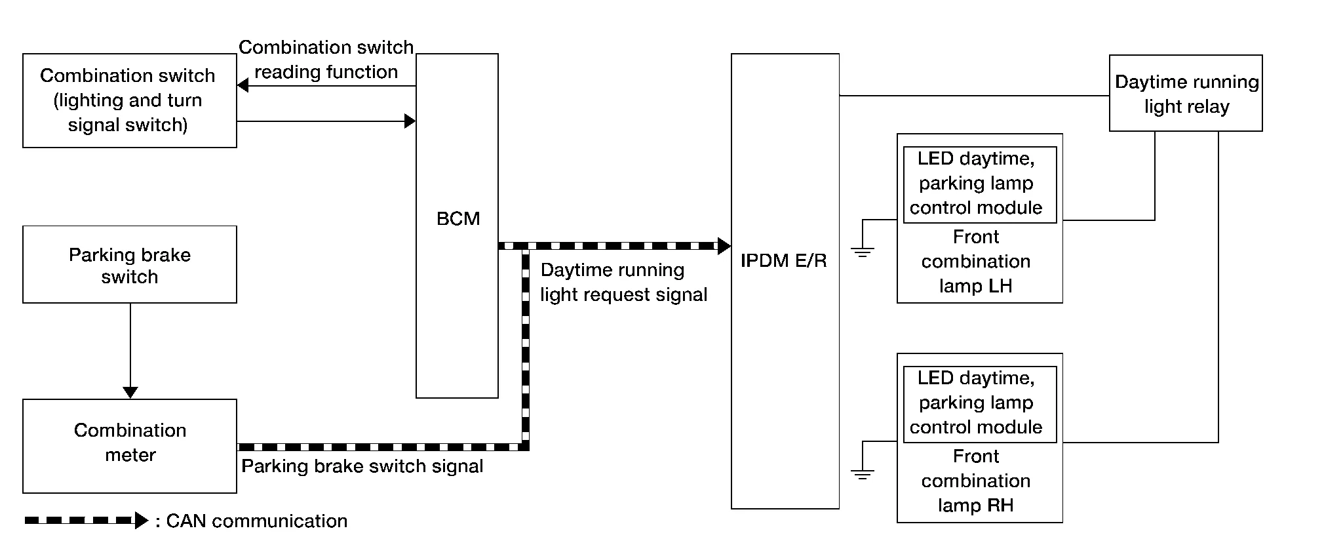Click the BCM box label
pos(458,218)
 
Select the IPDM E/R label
pos(783,260)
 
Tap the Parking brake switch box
pos(130,265)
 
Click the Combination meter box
pos(130,446)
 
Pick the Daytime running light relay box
pos(1185,93)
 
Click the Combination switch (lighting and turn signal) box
pos(130,100)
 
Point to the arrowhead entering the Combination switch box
pos(243,85)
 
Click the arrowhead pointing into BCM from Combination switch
pos(410,121)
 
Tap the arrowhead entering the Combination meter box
pos(130,392)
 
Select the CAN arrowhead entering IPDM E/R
pos(724,246)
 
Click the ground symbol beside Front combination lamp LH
pos(862,251)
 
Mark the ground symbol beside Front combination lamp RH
pos(862,474)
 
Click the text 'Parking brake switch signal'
pos(362,466)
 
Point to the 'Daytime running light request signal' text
pos(623,282)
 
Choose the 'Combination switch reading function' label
pos(326,60)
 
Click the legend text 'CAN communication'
pos(256,521)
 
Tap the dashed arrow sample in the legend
pos(85,521)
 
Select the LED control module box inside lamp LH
pos(979,184)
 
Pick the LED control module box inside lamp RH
pos(979,403)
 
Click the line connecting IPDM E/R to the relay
pos(973,96)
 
